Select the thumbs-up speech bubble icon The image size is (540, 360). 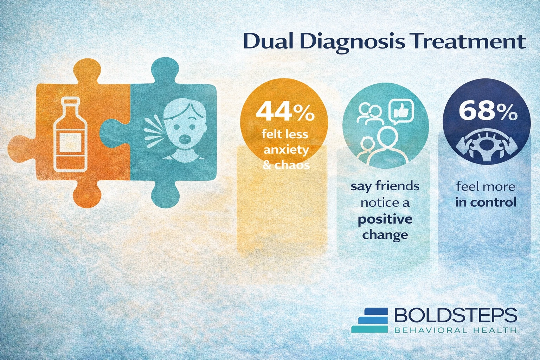click(401, 112)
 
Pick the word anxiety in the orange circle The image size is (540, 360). click(286, 150)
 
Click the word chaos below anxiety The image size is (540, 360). click(292, 165)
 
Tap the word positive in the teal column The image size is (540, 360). click(385, 220)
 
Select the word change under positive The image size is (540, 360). click(385, 235)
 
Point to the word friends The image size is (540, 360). click(397, 186)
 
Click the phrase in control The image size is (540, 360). click(486, 202)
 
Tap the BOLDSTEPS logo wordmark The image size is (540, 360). click(455, 315)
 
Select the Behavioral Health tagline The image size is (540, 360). click(455, 330)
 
